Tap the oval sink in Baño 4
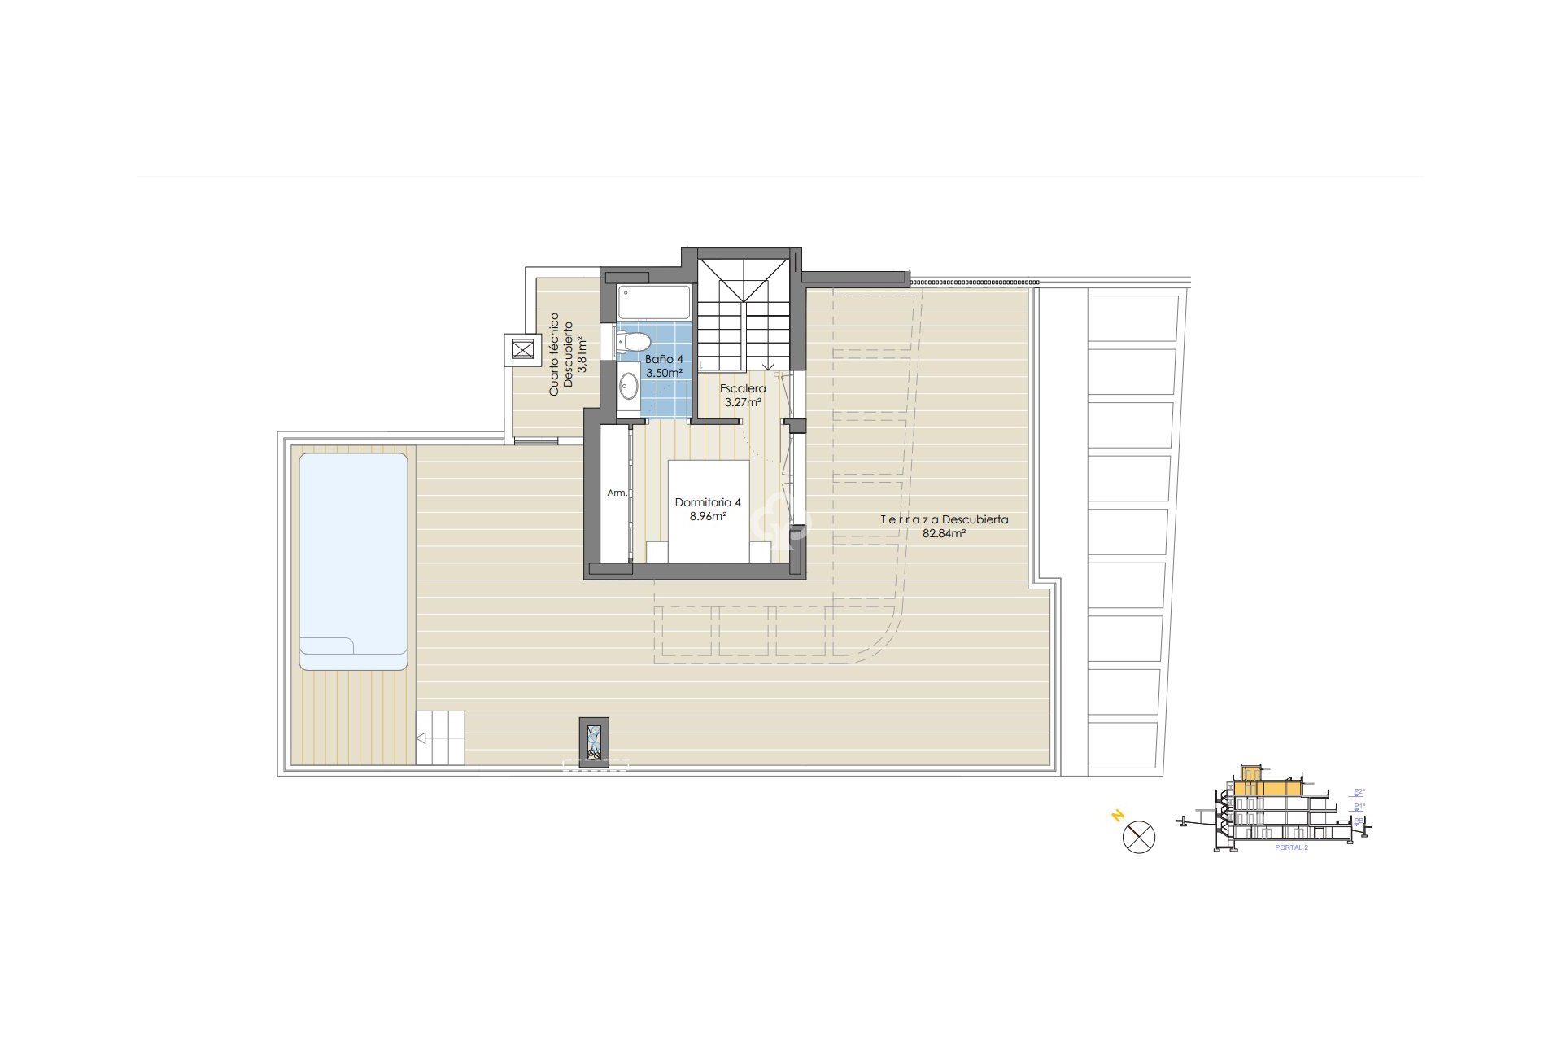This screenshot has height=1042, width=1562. tap(628, 386)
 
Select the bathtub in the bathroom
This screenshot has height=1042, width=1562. tap(653, 301)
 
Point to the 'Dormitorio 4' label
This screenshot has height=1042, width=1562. tap(708, 502)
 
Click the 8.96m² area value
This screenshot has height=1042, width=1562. tap(708, 516)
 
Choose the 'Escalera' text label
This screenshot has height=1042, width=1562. tap(743, 388)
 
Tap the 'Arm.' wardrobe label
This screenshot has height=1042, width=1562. tap(617, 493)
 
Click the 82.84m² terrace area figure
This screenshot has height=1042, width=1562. tap(944, 533)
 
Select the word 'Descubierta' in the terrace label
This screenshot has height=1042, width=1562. tap(974, 519)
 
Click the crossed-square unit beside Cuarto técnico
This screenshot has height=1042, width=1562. tap(521, 350)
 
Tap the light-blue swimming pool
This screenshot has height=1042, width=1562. tap(353, 554)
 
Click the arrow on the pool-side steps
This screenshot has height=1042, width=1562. tap(421, 738)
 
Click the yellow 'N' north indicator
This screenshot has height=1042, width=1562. tap(1118, 815)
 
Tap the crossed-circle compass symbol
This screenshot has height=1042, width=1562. tap(1139, 837)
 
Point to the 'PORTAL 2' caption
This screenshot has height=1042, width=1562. tap(1291, 848)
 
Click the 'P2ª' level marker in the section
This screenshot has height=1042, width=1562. tap(1359, 791)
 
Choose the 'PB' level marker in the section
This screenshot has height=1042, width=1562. tap(1359, 821)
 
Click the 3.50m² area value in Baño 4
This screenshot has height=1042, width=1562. tap(664, 373)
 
